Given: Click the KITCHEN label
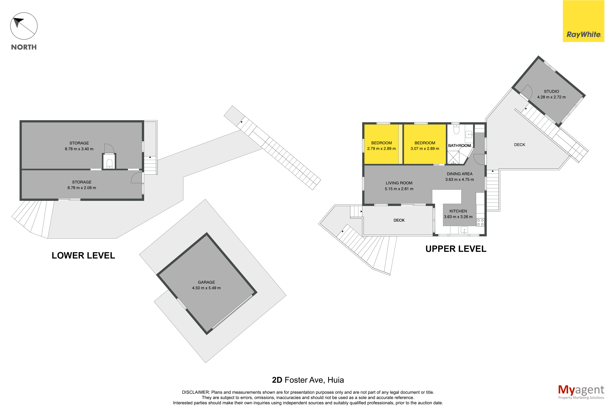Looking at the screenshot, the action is click(x=458, y=211).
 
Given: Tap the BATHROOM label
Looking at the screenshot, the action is click(x=459, y=146).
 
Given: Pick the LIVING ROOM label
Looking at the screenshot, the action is click(x=399, y=183).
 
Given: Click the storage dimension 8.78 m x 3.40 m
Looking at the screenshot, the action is click(x=79, y=149).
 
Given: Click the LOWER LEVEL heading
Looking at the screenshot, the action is click(x=83, y=256).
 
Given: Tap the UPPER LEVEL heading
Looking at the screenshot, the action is click(x=456, y=249).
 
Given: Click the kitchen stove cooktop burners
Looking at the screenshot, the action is click(x=480, y=222).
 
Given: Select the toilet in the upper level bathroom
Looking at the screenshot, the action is click(x=456, y=129).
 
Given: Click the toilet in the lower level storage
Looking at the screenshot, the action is click(x=109, y=163).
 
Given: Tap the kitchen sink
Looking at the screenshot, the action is click(x=464, y=230).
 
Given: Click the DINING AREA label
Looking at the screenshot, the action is click(x=459, y=174).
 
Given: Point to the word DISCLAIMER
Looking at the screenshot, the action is click(x=196, y=392).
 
